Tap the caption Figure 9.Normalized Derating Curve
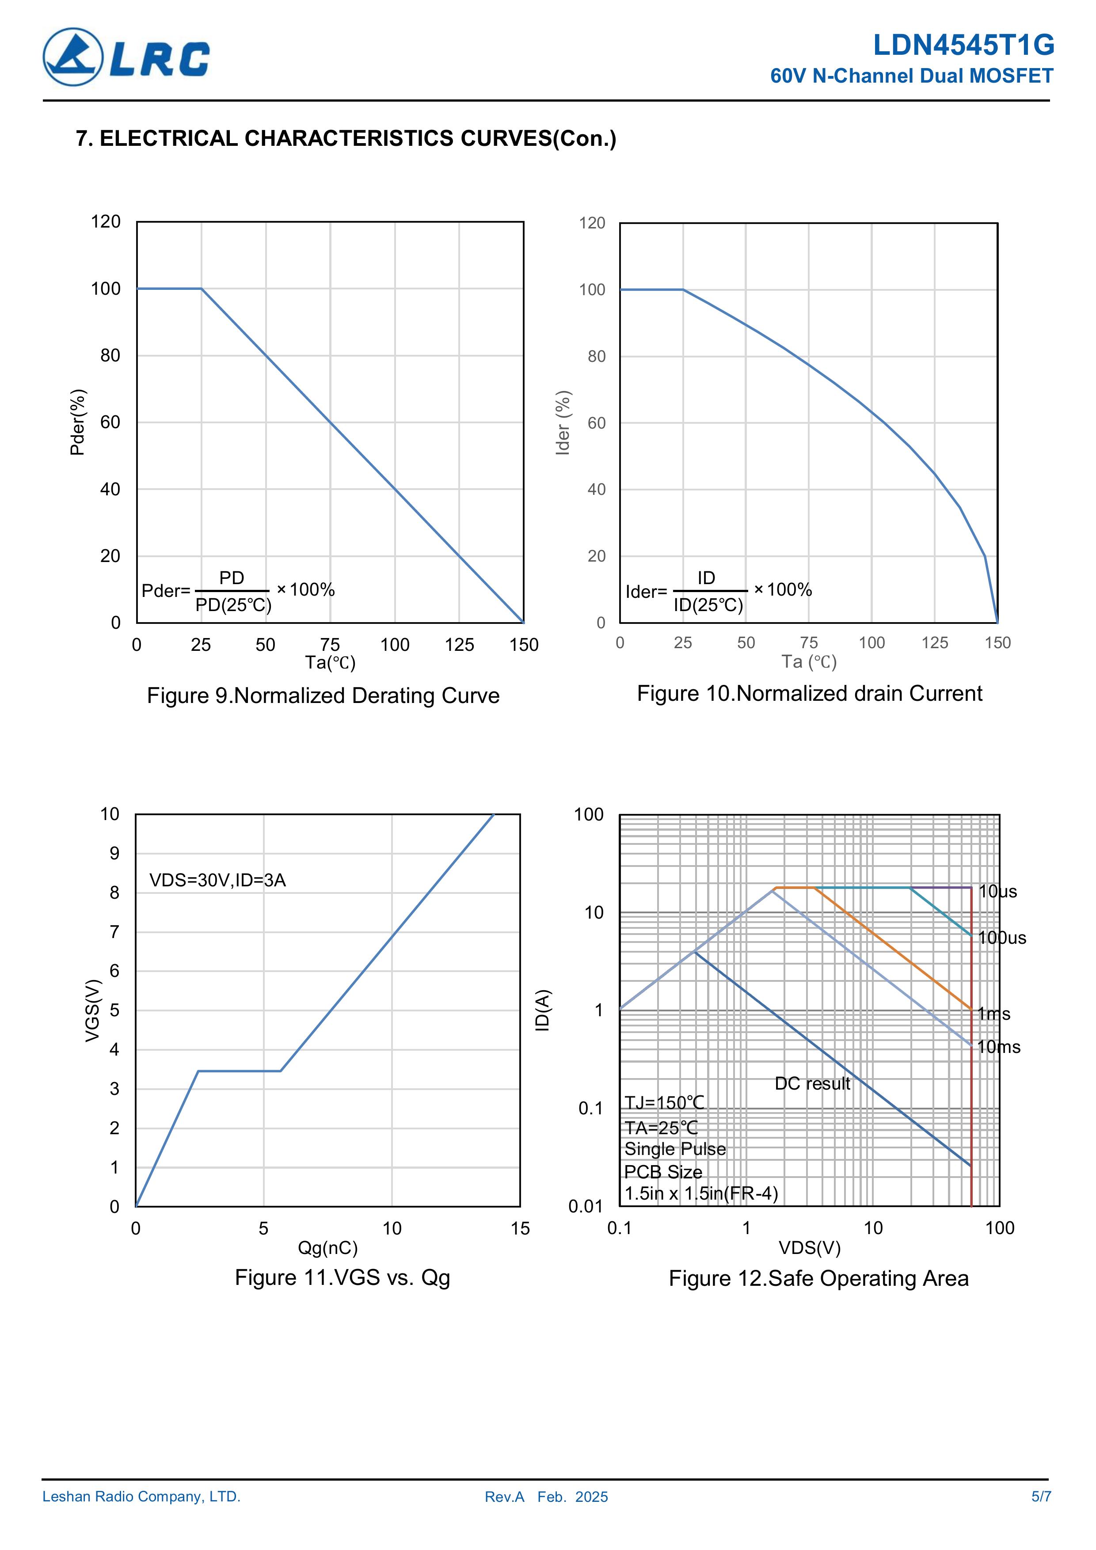pos(323,695)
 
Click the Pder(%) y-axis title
pos(78,422)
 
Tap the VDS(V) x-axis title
pos(809,1248)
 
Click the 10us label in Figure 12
pos(997,891)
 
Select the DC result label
pos(812,1083)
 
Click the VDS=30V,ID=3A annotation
pos(217,880)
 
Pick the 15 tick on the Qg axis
pos(520,1229)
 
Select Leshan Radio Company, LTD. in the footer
pos(141,1497)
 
